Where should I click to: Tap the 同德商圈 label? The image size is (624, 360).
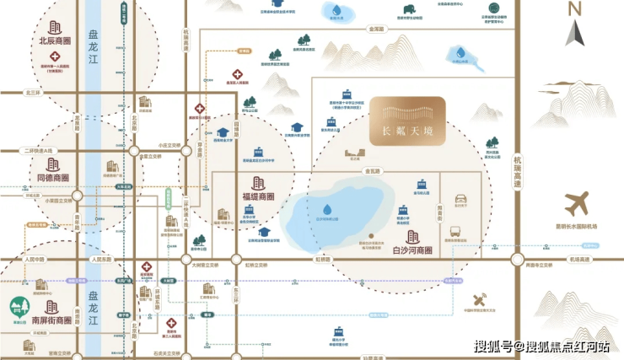click(53, 178)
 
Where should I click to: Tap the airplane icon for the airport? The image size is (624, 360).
click(578, 203)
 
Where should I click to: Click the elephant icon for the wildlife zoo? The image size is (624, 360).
click(407, 13)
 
